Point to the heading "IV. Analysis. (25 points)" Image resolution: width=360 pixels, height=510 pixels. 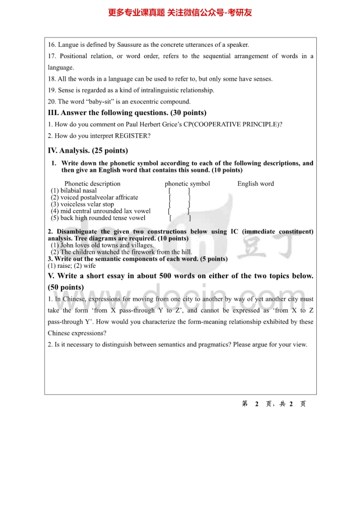coord(88,150)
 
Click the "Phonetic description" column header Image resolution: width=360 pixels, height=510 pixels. coord(92,184)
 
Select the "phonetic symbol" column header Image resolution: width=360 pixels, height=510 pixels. coord(187,184)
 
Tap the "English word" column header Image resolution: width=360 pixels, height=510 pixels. coord(255,184)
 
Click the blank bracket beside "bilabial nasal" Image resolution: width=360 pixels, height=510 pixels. coord(179,190)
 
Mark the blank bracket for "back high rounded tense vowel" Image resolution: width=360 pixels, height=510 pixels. coord(180,218)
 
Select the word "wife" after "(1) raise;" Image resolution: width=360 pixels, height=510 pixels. coord(90,265)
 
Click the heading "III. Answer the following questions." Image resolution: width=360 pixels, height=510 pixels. coord(127,113)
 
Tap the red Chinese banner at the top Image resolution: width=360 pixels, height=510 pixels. coord(180,13)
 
